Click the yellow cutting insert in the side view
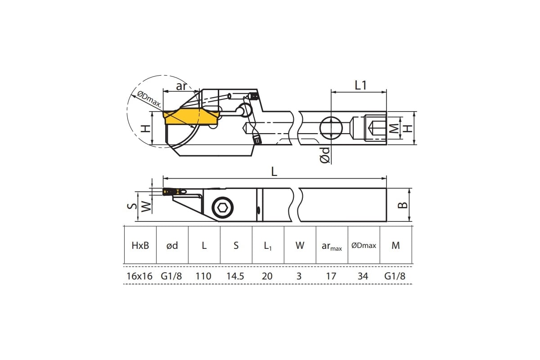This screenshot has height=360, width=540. [192, 117]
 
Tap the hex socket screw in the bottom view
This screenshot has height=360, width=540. [222, 207]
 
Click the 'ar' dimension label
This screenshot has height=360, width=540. [181, 86]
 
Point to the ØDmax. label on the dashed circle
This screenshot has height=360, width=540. [149, 99]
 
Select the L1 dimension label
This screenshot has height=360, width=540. [360, 85]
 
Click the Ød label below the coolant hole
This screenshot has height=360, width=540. [325, 155]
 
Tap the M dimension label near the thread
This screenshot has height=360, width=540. [394, 128]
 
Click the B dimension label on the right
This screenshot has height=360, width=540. [403, 205]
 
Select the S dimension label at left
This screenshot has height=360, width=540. [132, 206]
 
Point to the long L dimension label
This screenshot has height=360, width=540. [274, 172]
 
